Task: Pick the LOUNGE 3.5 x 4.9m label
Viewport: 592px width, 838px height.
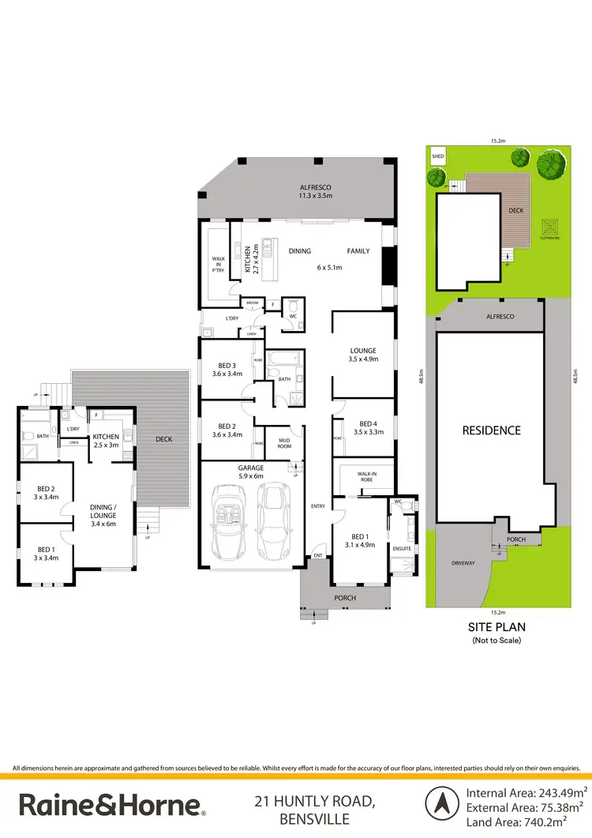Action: pyautogui.click(x=363, y=355)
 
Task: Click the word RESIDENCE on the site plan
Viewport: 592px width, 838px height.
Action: pyautogui.click(x=491, y=430)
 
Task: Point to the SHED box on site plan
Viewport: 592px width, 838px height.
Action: pyautogui.click(x=437, y=157)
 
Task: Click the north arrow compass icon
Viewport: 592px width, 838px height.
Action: pyautogui.click(x=442, y=803)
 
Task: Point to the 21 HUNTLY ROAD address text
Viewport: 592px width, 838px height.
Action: pyautogui.click(x=314, y=802)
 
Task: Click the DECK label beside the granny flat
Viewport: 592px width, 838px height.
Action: pyautogui.click(x=164, y=439)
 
